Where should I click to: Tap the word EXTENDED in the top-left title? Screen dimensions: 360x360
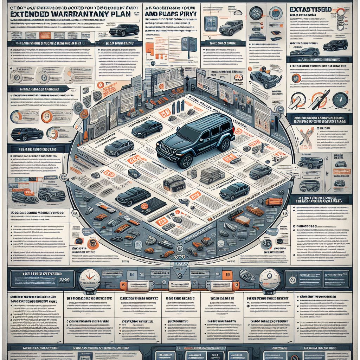coord(32,14)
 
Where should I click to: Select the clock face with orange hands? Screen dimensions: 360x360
coord(90,279)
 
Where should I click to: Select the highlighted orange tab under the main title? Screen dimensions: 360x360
coord(45,36)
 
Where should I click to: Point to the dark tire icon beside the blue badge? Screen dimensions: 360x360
coord(256,13)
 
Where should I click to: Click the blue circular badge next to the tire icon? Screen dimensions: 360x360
coord(270,13)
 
